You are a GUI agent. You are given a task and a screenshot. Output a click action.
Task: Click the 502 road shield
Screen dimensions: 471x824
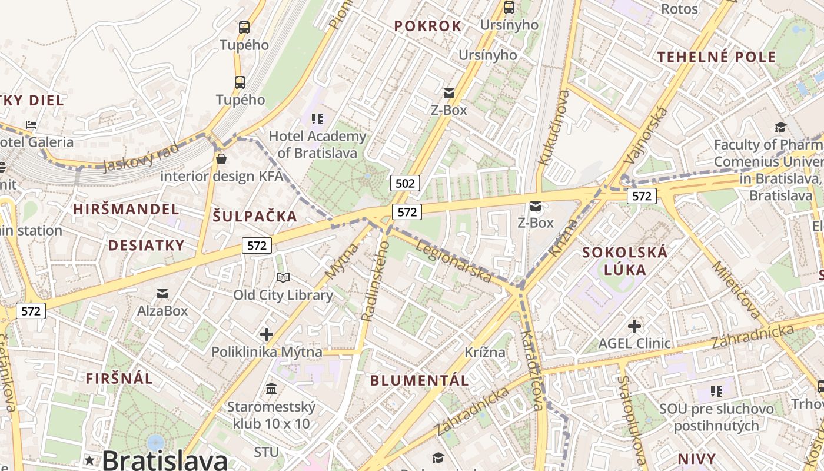coord(405,183)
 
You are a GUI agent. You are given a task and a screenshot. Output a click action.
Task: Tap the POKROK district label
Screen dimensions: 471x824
coord(428,26)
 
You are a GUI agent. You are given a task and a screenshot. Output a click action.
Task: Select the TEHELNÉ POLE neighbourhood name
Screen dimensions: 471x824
coord(716,57)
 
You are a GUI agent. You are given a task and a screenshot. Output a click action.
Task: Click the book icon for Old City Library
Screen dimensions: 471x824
coord(283,277)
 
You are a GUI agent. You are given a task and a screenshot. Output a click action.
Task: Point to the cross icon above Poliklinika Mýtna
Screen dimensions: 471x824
coord(267,334)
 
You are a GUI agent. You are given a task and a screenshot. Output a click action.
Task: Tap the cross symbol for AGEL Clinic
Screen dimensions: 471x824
coord(634,326)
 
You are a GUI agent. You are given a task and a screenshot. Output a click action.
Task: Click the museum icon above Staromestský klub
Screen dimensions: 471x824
coord(271,389)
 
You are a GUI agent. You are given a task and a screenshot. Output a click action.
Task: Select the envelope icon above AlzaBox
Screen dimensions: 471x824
coord(162,293)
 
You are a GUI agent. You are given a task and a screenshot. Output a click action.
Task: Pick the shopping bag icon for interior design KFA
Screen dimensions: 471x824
coord(221,159)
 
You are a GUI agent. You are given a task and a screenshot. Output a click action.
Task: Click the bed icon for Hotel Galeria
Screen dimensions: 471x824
coord(31,125)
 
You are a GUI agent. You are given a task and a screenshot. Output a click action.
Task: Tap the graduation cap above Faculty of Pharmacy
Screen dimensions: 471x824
coord(780,127)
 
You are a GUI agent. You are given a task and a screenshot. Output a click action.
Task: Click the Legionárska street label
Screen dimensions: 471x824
coord(453,260)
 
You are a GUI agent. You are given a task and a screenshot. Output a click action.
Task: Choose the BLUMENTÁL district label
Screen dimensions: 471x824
coord(420,380)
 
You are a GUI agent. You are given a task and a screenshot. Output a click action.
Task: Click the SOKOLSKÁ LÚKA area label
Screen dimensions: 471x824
coord(624,261)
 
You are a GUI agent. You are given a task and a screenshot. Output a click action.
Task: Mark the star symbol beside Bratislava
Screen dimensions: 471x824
coord(89,459)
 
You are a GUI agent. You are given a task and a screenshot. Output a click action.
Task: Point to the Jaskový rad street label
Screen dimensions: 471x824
coord(140,157)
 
